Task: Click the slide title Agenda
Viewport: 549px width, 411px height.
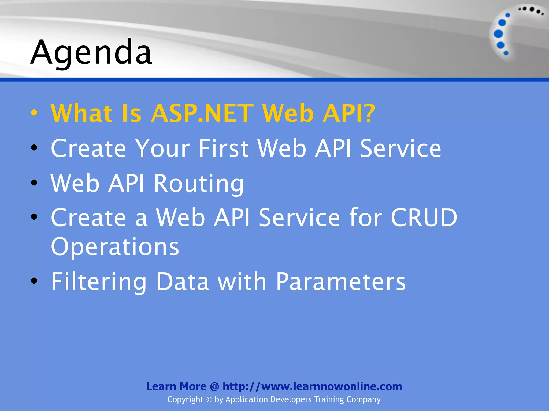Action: tap(91, 52)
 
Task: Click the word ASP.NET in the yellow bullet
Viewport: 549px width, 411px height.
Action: tap(202, 113)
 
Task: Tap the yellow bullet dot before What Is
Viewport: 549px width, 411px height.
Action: tap(34, 113)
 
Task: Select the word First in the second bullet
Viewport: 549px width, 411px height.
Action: tap(223, 149)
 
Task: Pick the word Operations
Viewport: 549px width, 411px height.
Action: tap(115, 247)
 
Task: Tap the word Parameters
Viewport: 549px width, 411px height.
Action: tap(341, 281)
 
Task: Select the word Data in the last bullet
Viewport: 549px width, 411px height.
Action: tap(182, 281)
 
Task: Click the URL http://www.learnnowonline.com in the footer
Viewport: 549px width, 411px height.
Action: tap(312, 386)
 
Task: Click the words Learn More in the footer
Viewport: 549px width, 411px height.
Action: tap(176, 386)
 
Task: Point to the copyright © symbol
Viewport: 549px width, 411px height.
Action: tap(209, 400)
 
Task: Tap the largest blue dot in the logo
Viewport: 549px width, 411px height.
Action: tap(498, 34)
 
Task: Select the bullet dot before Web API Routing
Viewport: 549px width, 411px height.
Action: tap(34, 183)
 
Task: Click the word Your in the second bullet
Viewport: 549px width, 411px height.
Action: tap(162, 149)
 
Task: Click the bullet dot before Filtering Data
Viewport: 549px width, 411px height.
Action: tap(34, 281)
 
